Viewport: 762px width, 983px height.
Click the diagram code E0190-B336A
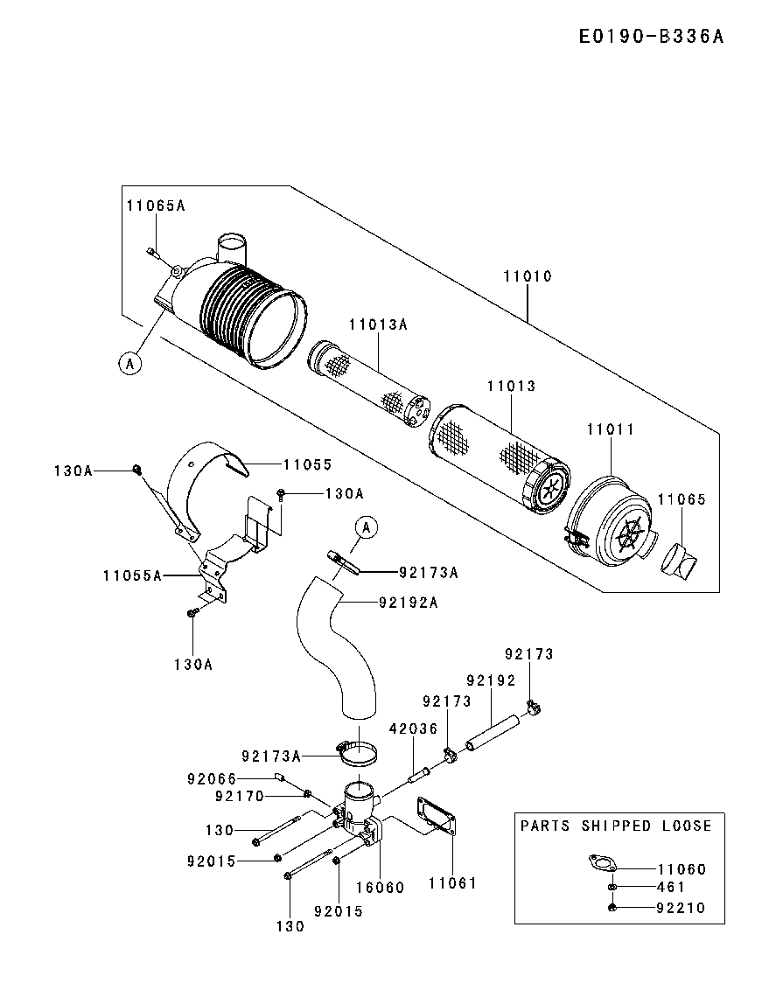(651, 37)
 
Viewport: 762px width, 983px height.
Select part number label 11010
(528, 276)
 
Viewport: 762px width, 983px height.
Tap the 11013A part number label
(378, 324)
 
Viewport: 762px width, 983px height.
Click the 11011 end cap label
(611, 429)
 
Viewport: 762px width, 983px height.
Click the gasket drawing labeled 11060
(603, 863)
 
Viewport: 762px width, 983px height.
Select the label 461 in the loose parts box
(670, 887)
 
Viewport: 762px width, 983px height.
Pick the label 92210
(682, 908)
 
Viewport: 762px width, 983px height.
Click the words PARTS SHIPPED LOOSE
(616, 826)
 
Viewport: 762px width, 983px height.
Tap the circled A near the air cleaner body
(129, 363)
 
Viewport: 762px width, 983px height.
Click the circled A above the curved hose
(367, 528)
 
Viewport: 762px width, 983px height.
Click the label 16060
(380, 887)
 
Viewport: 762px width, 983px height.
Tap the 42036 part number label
(413, 729)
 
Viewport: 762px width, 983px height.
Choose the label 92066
(212, 779)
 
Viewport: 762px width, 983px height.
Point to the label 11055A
(132, 575)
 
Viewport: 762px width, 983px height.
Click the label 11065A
(157, 206)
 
